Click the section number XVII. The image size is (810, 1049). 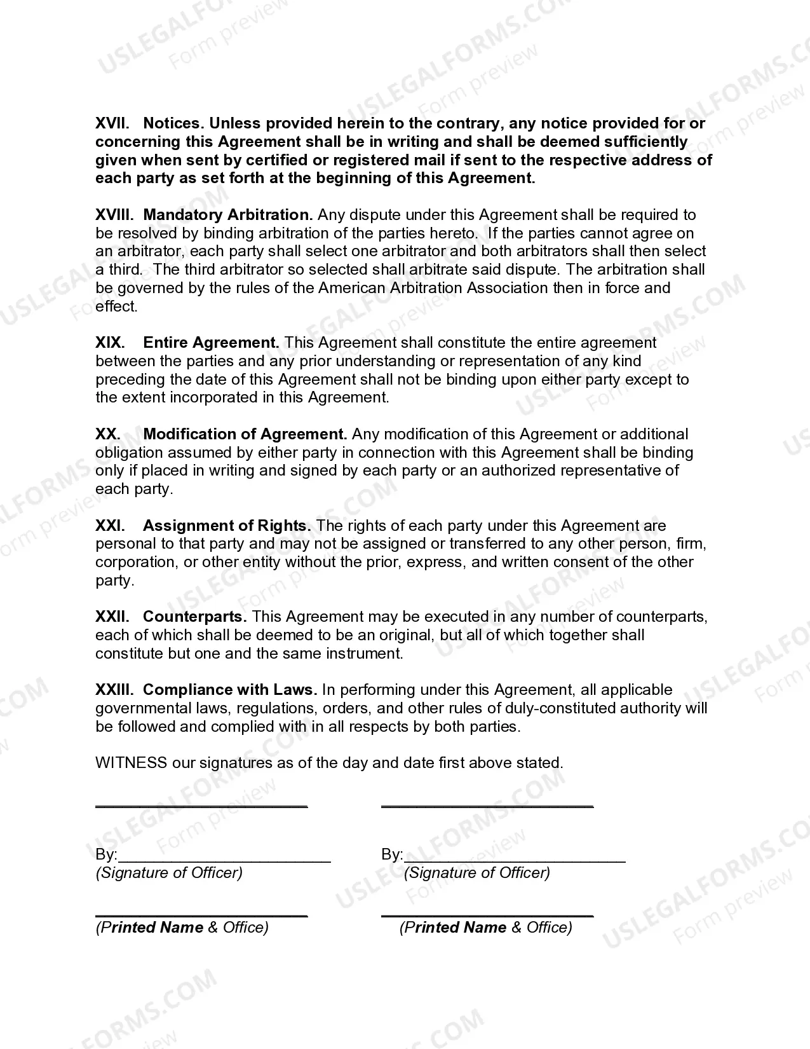click(x=112, y=123)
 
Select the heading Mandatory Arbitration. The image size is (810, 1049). click(x=228, y=215)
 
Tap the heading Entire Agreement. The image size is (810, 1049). click(x=211, y=343)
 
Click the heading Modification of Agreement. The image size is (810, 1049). click(x=245, y=434)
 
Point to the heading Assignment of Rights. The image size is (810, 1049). click(x=227, y=526)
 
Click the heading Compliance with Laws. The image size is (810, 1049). click(x=229, y=690)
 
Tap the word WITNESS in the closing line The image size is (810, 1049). click(x=131, y=763)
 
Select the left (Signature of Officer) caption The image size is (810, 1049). click(x=169, y=873)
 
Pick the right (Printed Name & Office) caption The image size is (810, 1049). click(x=486, y=928)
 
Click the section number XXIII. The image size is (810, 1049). click(x=114, y=690)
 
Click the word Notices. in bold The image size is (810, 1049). click(x=173, y=123)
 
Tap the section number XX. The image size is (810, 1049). click(x=108, y=434)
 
